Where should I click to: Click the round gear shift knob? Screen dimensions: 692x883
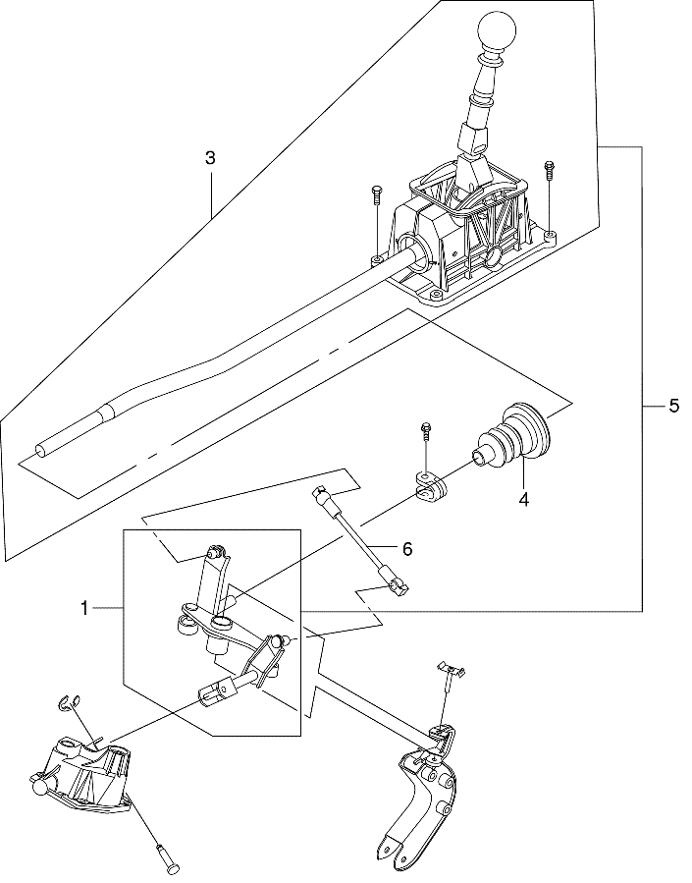497,31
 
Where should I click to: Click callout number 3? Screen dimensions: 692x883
210,158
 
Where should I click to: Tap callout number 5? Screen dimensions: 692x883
673,406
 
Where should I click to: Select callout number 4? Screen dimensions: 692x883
524,499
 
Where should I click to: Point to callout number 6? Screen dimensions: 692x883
406,548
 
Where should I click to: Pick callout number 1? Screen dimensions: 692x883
84,609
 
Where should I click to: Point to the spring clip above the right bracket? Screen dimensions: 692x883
452,669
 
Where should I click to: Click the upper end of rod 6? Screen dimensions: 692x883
320,493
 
